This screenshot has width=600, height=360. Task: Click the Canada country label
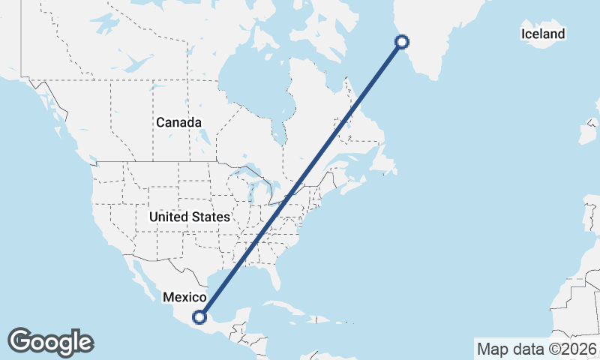pyautogui.click(x=178, y=122)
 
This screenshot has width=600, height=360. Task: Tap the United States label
pyautogui.click(x=190, y=217)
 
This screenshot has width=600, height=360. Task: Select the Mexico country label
pyautogui.click(x=184, y=297)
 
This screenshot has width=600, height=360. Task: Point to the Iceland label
pyautogui.click(x=543, y=34)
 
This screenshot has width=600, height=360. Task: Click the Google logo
pyautogui.click(x=51, y=342)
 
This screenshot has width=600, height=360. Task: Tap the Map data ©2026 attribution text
pyautogui.click(x=537, y=349)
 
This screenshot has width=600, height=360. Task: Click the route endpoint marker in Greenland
pyautogui.click(x=401, y=42)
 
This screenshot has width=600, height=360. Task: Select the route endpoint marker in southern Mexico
pyautogui.click(x=199, y=316)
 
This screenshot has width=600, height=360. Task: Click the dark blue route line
pyautogui.click(x=300, y=180)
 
